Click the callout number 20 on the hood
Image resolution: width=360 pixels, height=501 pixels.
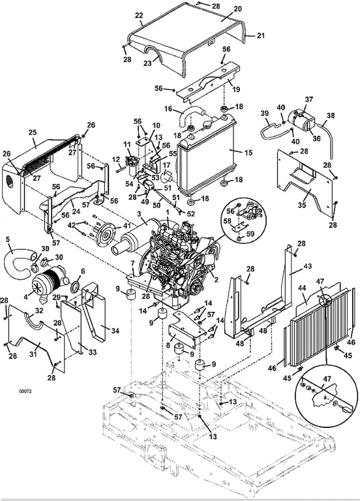237,9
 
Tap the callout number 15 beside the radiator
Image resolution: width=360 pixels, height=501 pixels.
248,153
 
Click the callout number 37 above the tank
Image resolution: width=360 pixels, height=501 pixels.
309,99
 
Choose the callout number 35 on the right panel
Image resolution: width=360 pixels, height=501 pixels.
302,205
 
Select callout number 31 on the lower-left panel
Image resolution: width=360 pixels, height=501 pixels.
33,354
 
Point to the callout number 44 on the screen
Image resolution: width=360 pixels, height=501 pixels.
302,288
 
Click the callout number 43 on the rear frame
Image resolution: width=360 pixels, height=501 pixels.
308,266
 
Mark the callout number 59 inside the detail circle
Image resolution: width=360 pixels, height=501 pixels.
250,234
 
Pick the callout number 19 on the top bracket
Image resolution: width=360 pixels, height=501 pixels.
236,89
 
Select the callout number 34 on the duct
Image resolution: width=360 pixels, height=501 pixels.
115,330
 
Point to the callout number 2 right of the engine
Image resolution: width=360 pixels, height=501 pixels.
217,281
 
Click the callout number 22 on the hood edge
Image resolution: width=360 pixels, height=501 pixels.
139,15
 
